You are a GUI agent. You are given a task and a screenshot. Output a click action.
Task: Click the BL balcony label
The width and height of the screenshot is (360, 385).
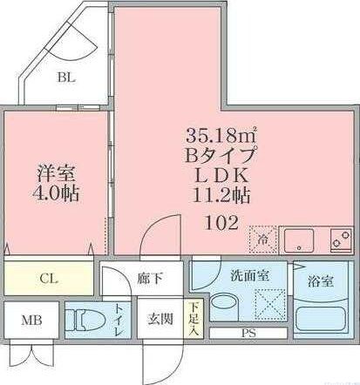(x=66, y=77)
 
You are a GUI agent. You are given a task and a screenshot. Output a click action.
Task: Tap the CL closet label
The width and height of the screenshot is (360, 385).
(x=49, y=279)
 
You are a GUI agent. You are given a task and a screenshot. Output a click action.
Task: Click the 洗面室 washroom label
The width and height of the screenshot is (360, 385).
(x=248, y=275)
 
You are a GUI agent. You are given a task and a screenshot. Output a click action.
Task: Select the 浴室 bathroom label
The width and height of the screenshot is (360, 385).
(x=320, y=281)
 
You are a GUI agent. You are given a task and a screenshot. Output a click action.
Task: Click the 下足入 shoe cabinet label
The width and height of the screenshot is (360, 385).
(x=194, y=318)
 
